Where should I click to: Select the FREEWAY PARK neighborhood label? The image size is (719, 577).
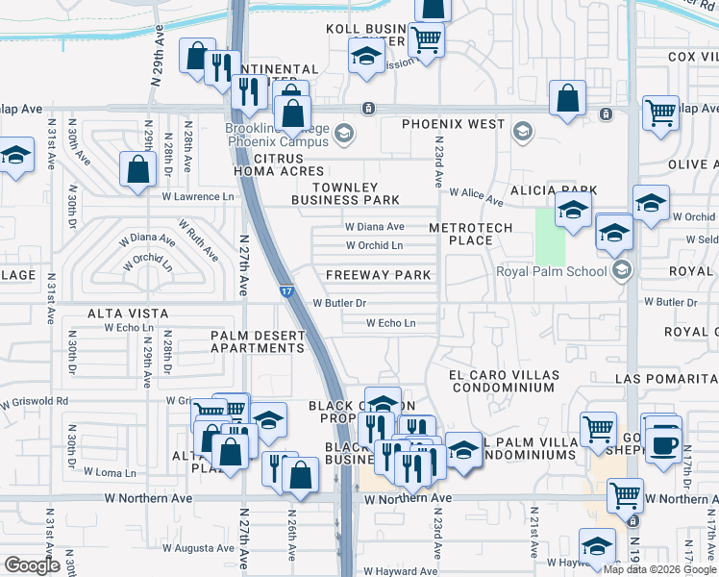coord(378,275)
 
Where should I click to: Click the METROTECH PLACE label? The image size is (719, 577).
coord(460,233)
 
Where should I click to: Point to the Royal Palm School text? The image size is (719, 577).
coord(552,271)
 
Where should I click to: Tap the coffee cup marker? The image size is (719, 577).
coord(662,445)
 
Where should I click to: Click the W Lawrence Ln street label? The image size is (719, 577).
coord(198,197)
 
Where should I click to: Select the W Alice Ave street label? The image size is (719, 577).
coord(476,197)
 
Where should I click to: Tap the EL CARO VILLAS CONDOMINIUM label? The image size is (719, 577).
coord(503,380)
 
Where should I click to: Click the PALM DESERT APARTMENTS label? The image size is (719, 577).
coord(258,341)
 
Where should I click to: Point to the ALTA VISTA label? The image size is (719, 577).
coord(128,314)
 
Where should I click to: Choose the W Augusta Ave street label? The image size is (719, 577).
coord(198,548)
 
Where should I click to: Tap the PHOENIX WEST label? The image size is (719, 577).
coord(453,124)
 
